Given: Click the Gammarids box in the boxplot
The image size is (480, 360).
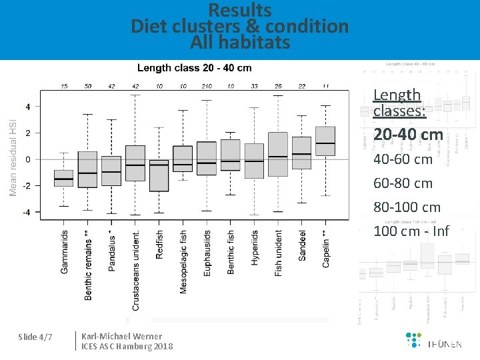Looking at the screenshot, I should pos(64,178).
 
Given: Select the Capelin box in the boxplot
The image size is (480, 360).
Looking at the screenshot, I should pos(325,141).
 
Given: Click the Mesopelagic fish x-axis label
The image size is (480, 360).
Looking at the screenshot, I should pos(184,262).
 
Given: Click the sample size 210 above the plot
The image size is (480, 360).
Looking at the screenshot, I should pos(207,86).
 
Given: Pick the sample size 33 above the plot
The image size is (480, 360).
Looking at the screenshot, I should pos(254,86).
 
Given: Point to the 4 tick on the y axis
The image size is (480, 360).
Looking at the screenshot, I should pos(27,107).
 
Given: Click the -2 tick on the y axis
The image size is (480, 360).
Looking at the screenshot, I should pos(27,185).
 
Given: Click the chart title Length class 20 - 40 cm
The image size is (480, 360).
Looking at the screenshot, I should pos(194,68).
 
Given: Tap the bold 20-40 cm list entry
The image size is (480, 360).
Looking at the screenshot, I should pos(408,135).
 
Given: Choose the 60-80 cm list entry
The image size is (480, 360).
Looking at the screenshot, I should pos(403,183).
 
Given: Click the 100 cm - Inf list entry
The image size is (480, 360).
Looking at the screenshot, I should pos(411,231).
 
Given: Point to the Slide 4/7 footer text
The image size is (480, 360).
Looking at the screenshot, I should pos(36,337).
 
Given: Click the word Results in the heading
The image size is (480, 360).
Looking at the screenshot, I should pos(240,11).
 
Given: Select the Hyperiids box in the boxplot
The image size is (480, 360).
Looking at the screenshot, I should pos(254,161).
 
